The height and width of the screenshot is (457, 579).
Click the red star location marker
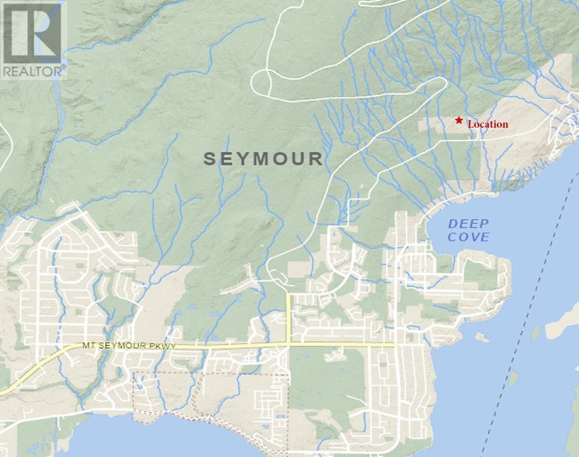[x=459, y=120]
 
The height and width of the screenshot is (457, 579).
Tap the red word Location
[x=487, y=124]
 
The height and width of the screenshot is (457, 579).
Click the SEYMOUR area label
[x=263, y=159]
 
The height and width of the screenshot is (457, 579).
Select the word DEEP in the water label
[x=468, y=224]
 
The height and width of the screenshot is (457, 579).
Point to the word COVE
[x=468, y=238]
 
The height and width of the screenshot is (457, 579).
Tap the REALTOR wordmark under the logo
[x=33, y=72]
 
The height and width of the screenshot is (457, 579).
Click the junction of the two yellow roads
[x=288, y=343]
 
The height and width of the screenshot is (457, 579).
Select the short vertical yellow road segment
[x=288, y=317]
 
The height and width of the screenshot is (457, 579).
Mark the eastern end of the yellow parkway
[x=393, y=344]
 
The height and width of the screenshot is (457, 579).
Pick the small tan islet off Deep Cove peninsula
[x=482, y=338]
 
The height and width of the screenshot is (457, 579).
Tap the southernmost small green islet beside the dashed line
[x=513, y=378]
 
